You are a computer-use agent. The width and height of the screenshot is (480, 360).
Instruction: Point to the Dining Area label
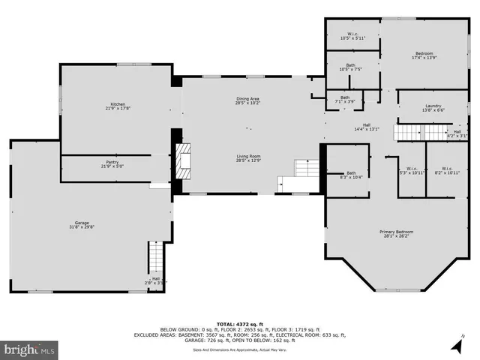click(x=248, y=100)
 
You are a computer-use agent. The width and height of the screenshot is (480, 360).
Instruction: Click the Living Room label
click(x=248, y=157)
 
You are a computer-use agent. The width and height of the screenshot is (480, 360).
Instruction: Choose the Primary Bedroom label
click(x=396, y=235)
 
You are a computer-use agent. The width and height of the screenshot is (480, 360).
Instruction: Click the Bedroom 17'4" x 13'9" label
click(x=424, y=55)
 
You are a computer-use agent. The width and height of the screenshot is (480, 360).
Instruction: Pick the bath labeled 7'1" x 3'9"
click(x=345, y=99)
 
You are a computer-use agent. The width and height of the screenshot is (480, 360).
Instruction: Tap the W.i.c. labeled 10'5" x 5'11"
click(x=351, y=35)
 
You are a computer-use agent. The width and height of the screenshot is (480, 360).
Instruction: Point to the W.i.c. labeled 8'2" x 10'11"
click(x=447, y=170)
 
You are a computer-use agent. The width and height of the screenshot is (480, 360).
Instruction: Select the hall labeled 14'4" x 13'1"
click(x=367, y=127)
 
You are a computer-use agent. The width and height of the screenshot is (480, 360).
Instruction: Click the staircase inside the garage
click(x=155, y=259)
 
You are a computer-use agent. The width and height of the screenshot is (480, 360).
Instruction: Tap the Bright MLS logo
click(x=29, y=349)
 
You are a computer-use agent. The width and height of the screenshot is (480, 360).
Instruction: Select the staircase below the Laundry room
click(x=420, y=133)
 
